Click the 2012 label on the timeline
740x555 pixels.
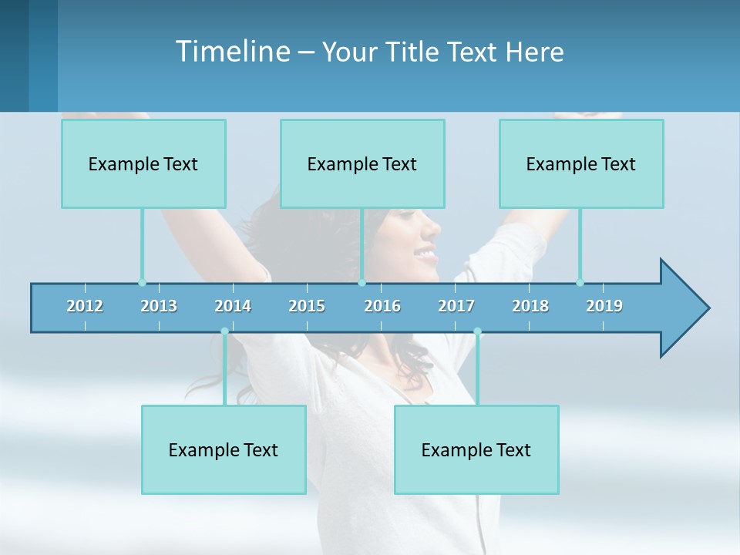pyautogui.click(x=85, y=306)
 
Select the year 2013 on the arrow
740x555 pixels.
pyautogui.click(x=159, y=306)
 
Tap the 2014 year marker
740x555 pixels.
pyautogui.click(x=233, y=306)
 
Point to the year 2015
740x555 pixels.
pyautogui.click(x=307, y=306)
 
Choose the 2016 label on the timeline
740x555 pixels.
pyautogui.click(x=382, y=306)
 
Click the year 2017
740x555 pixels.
pyautogui.click(x=456, y=306)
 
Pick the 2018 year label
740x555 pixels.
pyautogui.click(x=530, y=306)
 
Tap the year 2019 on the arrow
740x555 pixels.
pyautogui.click(x=604, y=306)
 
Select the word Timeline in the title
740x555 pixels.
pyautogui.click(x=231, y=52)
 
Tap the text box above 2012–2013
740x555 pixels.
pyautogui.click(x=143, y=163)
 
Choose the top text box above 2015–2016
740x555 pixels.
pyautogui.click(x=362, y=163)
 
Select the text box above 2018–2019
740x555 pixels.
pyautogui.click(x=581, y=163)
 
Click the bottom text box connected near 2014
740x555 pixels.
pyautogui.click(x=224, y=449)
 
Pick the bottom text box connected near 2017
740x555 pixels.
pyautogui.click(x=476, y=449)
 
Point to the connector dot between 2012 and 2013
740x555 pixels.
pyautogui.click(x=142, y=282)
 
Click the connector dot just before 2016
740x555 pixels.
pyautogui.click(x=362, y=282)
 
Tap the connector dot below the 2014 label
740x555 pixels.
pyautogui.click(x=224, y=331)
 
